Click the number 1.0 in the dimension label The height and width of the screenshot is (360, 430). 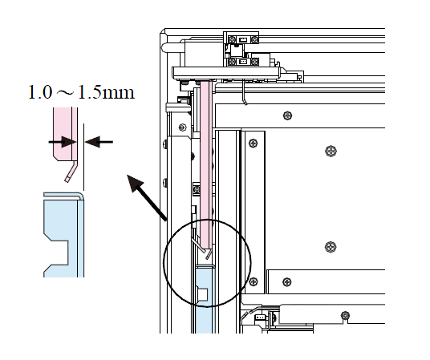tap(40, 92)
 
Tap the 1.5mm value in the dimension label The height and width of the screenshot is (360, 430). tap(107, 92)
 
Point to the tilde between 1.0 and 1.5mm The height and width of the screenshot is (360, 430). tap(65, 93)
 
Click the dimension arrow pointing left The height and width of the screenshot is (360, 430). tap(99, 142)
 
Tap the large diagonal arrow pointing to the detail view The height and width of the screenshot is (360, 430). tap(147, 197)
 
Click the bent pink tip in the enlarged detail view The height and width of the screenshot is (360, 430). tap(71, 171)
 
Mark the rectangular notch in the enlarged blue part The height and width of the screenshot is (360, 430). tap(59, 253)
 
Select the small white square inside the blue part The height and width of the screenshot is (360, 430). tap(203, 294)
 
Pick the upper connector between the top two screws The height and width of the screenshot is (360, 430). tap(243, 39)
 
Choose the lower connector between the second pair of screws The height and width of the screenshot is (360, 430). tap(243, 62)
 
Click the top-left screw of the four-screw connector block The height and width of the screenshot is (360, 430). tap(233, 39)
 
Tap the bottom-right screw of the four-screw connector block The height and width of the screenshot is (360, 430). tap(255, 62)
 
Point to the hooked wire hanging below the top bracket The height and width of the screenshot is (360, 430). tap(245, 92)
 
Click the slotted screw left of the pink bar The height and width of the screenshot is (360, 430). tap(181, 127)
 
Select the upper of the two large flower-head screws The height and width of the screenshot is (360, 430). tap(331, 151)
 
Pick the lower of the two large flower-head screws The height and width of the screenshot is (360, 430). tap(331, 247)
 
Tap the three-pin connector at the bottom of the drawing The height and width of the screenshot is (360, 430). tap(260, 318)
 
